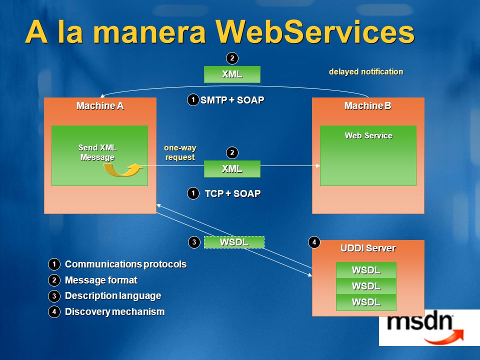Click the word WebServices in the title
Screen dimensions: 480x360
tap(315, 32)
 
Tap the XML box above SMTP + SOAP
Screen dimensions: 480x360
tap(232, 74)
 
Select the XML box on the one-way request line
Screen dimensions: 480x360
tap(232, 168)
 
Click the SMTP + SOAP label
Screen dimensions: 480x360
tap(232, 100)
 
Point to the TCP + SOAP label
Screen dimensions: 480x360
tap(232, 193)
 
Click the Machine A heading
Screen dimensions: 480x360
tap(100, 106)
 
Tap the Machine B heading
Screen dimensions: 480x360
tap(368, 106)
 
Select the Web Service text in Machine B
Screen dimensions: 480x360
tap(368, 135)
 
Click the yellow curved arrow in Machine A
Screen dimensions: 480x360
tap(123, 169)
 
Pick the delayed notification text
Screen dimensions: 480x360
tap(366, 71)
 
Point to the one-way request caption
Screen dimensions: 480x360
tap(180, 152)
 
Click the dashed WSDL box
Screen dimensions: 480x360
tap(234, 242)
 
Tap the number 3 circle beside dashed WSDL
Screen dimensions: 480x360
tap(194, 242)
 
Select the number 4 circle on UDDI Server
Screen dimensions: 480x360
tap(314, 242)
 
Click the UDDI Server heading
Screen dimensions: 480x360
tap(368, 248)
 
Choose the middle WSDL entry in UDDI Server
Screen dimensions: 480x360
tap(366, 286)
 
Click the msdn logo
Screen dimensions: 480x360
tap(425, 328)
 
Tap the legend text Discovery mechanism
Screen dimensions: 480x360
tap(115, 311)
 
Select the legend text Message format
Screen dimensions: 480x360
tap(101, 280)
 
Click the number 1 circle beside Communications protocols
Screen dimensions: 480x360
tap(54, 264)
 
